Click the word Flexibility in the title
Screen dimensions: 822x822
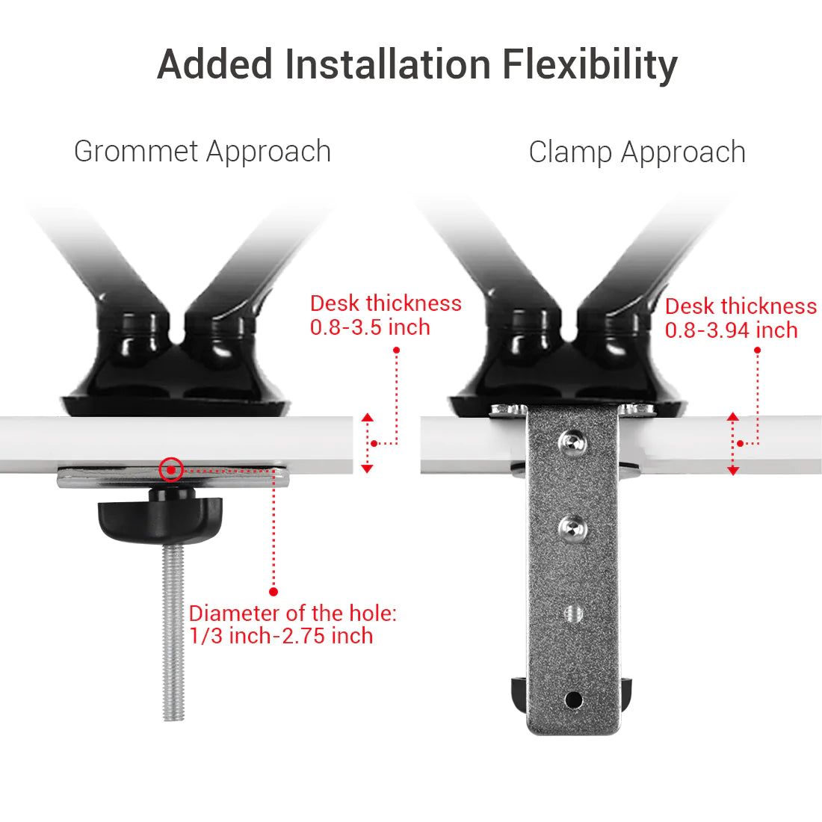tap(590, 65)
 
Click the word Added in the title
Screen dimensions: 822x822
tap(215, 65)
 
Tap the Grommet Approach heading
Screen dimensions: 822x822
tap(203, 152)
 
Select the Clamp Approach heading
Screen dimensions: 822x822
tap(637, 152)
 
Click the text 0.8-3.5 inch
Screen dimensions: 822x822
tap(370, 327)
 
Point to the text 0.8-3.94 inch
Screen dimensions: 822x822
tap(731, 330)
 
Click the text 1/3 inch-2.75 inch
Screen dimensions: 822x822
tap(281, 636)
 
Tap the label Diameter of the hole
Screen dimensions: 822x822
tap(292, 614)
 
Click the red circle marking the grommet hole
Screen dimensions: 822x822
tap(171, 469)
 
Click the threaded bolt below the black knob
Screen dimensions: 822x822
tap(173, 635)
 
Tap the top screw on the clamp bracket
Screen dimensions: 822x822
tap(572, 442)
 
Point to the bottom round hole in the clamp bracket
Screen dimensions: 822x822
tap(573, 699)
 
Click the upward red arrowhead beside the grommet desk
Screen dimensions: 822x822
tap(367, 417)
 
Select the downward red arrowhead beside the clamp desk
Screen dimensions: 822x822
tap(733, 471)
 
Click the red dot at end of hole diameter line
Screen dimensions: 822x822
tap(274, 591)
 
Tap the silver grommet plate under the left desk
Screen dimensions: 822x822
tap(239, 476)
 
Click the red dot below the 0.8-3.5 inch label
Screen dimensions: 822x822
tap(396, 350)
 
